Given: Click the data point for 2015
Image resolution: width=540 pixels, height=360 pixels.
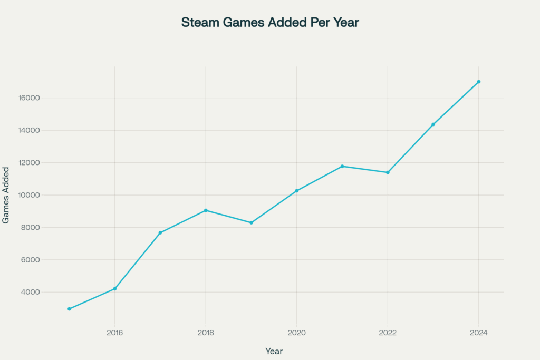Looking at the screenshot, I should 69,309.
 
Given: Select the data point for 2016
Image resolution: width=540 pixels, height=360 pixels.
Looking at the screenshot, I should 114,289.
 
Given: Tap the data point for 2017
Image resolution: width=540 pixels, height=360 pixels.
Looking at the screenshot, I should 160,232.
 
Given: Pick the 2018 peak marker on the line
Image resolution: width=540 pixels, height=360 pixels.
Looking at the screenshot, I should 206,210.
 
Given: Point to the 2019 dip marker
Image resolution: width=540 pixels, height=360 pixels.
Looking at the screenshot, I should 251,222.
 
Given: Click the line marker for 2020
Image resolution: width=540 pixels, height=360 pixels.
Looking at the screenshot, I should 297,191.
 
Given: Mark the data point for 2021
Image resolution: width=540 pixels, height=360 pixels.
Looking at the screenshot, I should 342,166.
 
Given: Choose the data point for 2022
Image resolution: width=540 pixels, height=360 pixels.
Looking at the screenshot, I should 388,172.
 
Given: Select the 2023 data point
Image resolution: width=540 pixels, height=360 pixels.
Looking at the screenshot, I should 433,124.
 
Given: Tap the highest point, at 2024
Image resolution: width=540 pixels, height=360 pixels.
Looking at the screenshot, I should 479,82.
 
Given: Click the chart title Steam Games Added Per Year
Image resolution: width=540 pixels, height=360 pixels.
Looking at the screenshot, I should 270,23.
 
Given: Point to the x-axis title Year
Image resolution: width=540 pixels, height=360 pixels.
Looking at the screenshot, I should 274,351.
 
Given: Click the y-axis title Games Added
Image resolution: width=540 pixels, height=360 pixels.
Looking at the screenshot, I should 6,195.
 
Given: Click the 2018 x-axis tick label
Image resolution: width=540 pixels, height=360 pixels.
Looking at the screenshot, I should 206,333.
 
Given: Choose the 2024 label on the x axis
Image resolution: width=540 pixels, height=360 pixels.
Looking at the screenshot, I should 479,333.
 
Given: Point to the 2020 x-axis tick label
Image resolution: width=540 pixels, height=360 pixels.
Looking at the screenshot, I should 297,333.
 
